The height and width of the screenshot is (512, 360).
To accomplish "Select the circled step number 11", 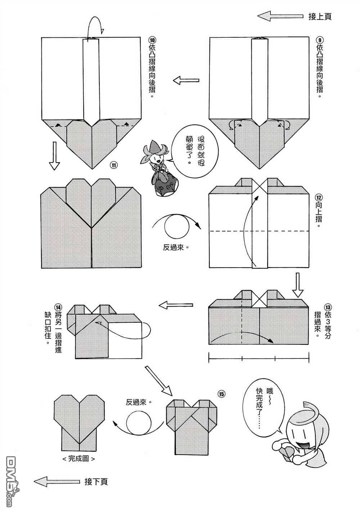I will (113, 166).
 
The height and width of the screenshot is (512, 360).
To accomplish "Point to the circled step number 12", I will (319, 197).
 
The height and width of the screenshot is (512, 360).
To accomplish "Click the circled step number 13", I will (327, 307).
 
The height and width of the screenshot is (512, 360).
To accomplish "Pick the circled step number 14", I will (58, 307).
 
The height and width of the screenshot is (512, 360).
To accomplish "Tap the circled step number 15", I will (221, 394).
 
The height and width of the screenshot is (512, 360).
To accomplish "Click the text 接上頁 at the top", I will (320, 16).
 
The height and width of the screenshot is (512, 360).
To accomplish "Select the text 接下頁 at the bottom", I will (96, 481).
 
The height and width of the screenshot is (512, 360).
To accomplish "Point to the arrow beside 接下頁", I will (57, 481).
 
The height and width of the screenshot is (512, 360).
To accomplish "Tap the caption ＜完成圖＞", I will (78, 459).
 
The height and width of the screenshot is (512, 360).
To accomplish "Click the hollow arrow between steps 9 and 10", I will (186, 81).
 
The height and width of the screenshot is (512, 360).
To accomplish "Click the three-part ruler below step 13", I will (259, 358).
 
